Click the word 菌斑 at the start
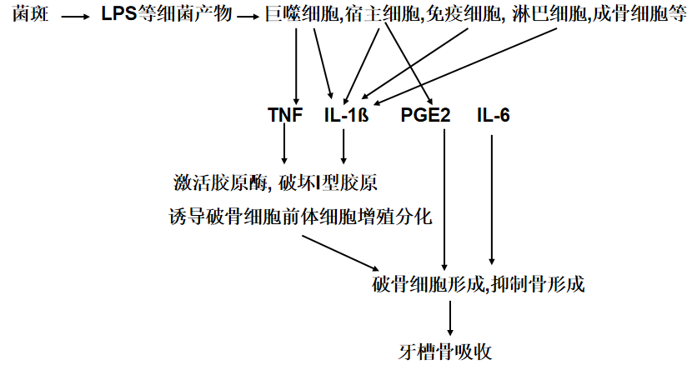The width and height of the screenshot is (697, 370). tap(30, 14)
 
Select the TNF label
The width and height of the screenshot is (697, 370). tap(285, 114)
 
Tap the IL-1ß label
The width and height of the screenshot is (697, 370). tap(346, 114)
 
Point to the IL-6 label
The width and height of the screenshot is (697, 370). tap(494, 114)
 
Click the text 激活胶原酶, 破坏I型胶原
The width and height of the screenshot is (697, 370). tap(282, 182)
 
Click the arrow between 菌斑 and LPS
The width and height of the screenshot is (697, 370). tap(74, 16)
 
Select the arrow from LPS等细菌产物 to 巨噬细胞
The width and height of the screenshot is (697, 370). tap(248, 16)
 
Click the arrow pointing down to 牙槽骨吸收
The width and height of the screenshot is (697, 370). tap(451, 317)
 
